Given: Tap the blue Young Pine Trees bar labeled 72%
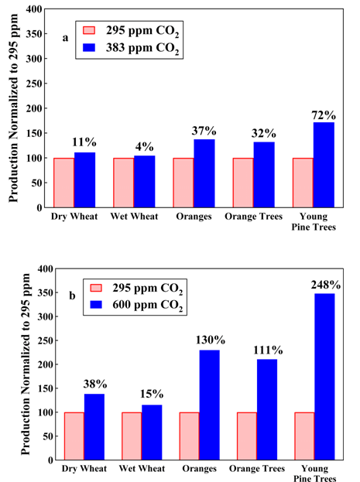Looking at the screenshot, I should point(324,165).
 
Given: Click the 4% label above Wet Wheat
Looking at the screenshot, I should point(144,146).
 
